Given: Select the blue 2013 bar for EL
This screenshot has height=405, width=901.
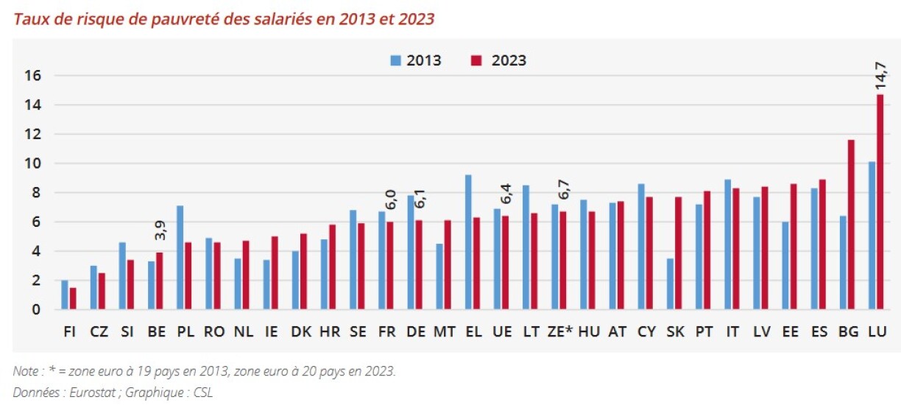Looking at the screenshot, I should pos(468,242).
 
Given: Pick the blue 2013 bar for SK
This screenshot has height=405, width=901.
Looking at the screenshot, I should pos(670,284).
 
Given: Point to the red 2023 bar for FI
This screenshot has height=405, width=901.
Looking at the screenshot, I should pos(72,299).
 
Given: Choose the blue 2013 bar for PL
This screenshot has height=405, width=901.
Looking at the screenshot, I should pos(180,258).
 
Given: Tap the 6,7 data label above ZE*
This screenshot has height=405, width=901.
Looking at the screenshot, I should pos(564,189).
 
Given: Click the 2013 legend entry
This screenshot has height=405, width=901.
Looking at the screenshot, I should pos(417,60).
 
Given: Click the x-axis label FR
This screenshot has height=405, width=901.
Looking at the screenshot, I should pos(386,331).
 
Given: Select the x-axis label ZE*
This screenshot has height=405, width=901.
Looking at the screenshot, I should pos(560,331).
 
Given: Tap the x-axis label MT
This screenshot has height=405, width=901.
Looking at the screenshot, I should pos(444,331).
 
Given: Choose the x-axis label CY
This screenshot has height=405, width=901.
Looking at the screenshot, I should pos(646,331).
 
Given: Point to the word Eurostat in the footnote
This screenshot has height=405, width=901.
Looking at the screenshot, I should pos(93,392).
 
